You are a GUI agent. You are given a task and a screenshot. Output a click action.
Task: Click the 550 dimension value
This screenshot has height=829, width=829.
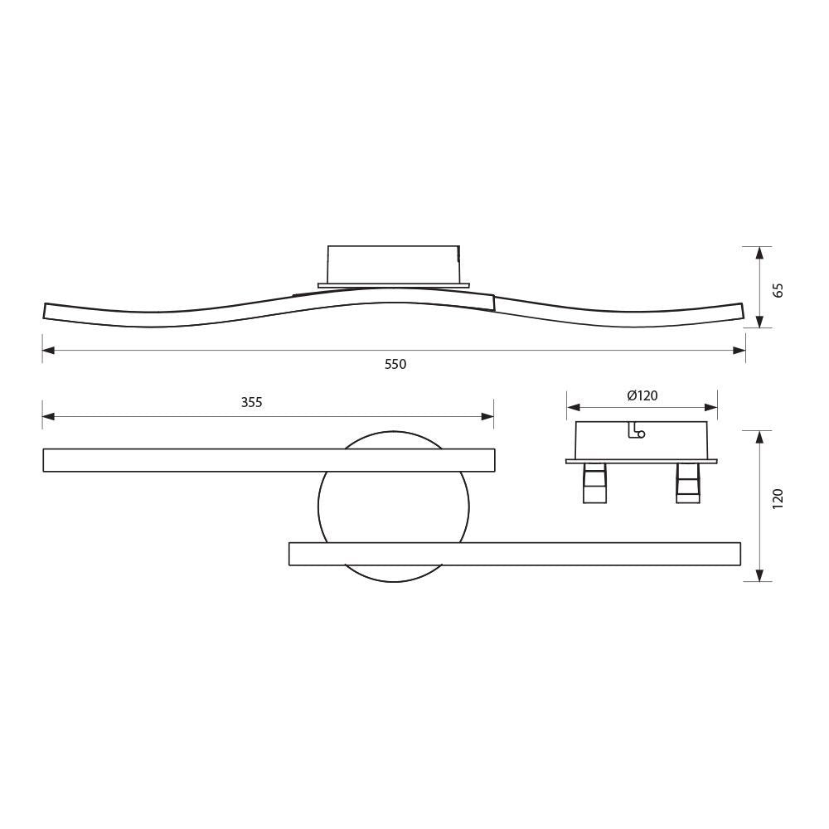[395, 365]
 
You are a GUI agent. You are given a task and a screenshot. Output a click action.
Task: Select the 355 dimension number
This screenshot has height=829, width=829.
[251, 403]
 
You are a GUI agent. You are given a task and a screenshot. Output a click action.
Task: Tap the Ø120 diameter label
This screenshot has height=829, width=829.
[642, 395]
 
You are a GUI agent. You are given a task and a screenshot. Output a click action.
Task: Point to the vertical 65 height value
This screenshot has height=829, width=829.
[777, 290]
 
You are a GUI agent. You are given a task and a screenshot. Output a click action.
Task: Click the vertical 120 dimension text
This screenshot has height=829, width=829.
[777, 498]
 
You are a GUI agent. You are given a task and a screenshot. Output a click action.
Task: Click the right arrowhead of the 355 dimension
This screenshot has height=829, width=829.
[488, 416]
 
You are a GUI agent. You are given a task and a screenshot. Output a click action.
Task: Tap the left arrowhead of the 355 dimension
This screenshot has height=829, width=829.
[48, 416]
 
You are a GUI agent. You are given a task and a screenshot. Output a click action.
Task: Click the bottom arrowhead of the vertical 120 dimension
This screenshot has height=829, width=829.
[759, 575]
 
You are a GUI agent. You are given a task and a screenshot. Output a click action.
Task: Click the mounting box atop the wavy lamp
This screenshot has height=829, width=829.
[393, 264]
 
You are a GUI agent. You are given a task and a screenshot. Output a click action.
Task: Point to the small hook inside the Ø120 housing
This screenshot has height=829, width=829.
[637, 431]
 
